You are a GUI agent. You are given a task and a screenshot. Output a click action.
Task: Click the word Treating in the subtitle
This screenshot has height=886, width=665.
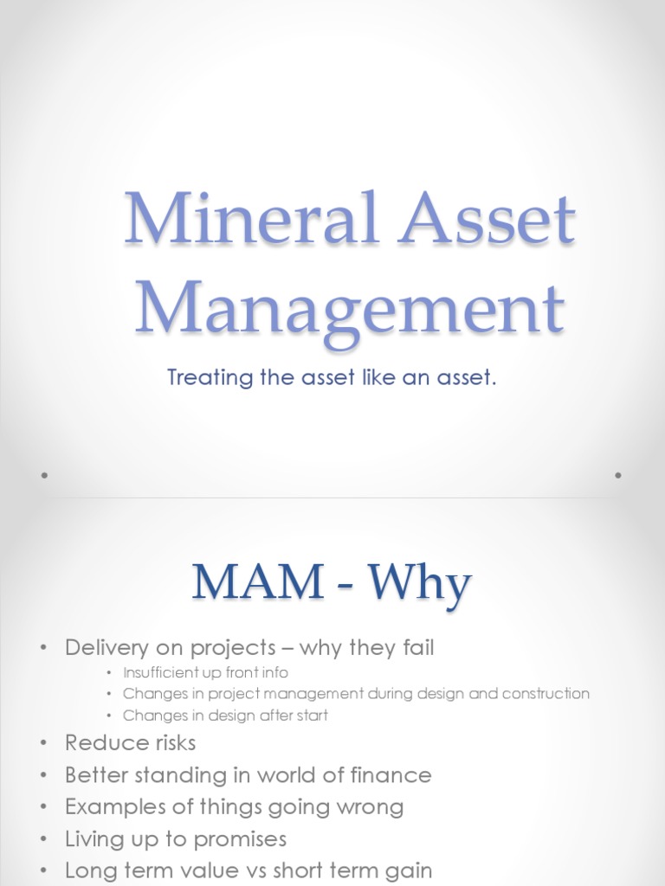[204, 378]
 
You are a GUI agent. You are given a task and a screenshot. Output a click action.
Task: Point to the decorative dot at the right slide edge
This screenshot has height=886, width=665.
[618, 475]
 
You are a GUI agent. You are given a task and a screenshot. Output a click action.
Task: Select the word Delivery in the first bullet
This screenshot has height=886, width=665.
[102, 647]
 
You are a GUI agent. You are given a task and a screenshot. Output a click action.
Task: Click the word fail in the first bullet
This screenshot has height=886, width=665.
[416, 647]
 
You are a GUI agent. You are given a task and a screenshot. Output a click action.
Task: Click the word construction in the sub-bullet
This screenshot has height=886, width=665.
[546, 694]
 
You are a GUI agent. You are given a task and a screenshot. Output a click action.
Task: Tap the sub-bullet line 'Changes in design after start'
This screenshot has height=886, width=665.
[225, 716]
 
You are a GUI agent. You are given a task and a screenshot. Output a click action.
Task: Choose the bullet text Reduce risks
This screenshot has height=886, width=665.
[130, 743]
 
